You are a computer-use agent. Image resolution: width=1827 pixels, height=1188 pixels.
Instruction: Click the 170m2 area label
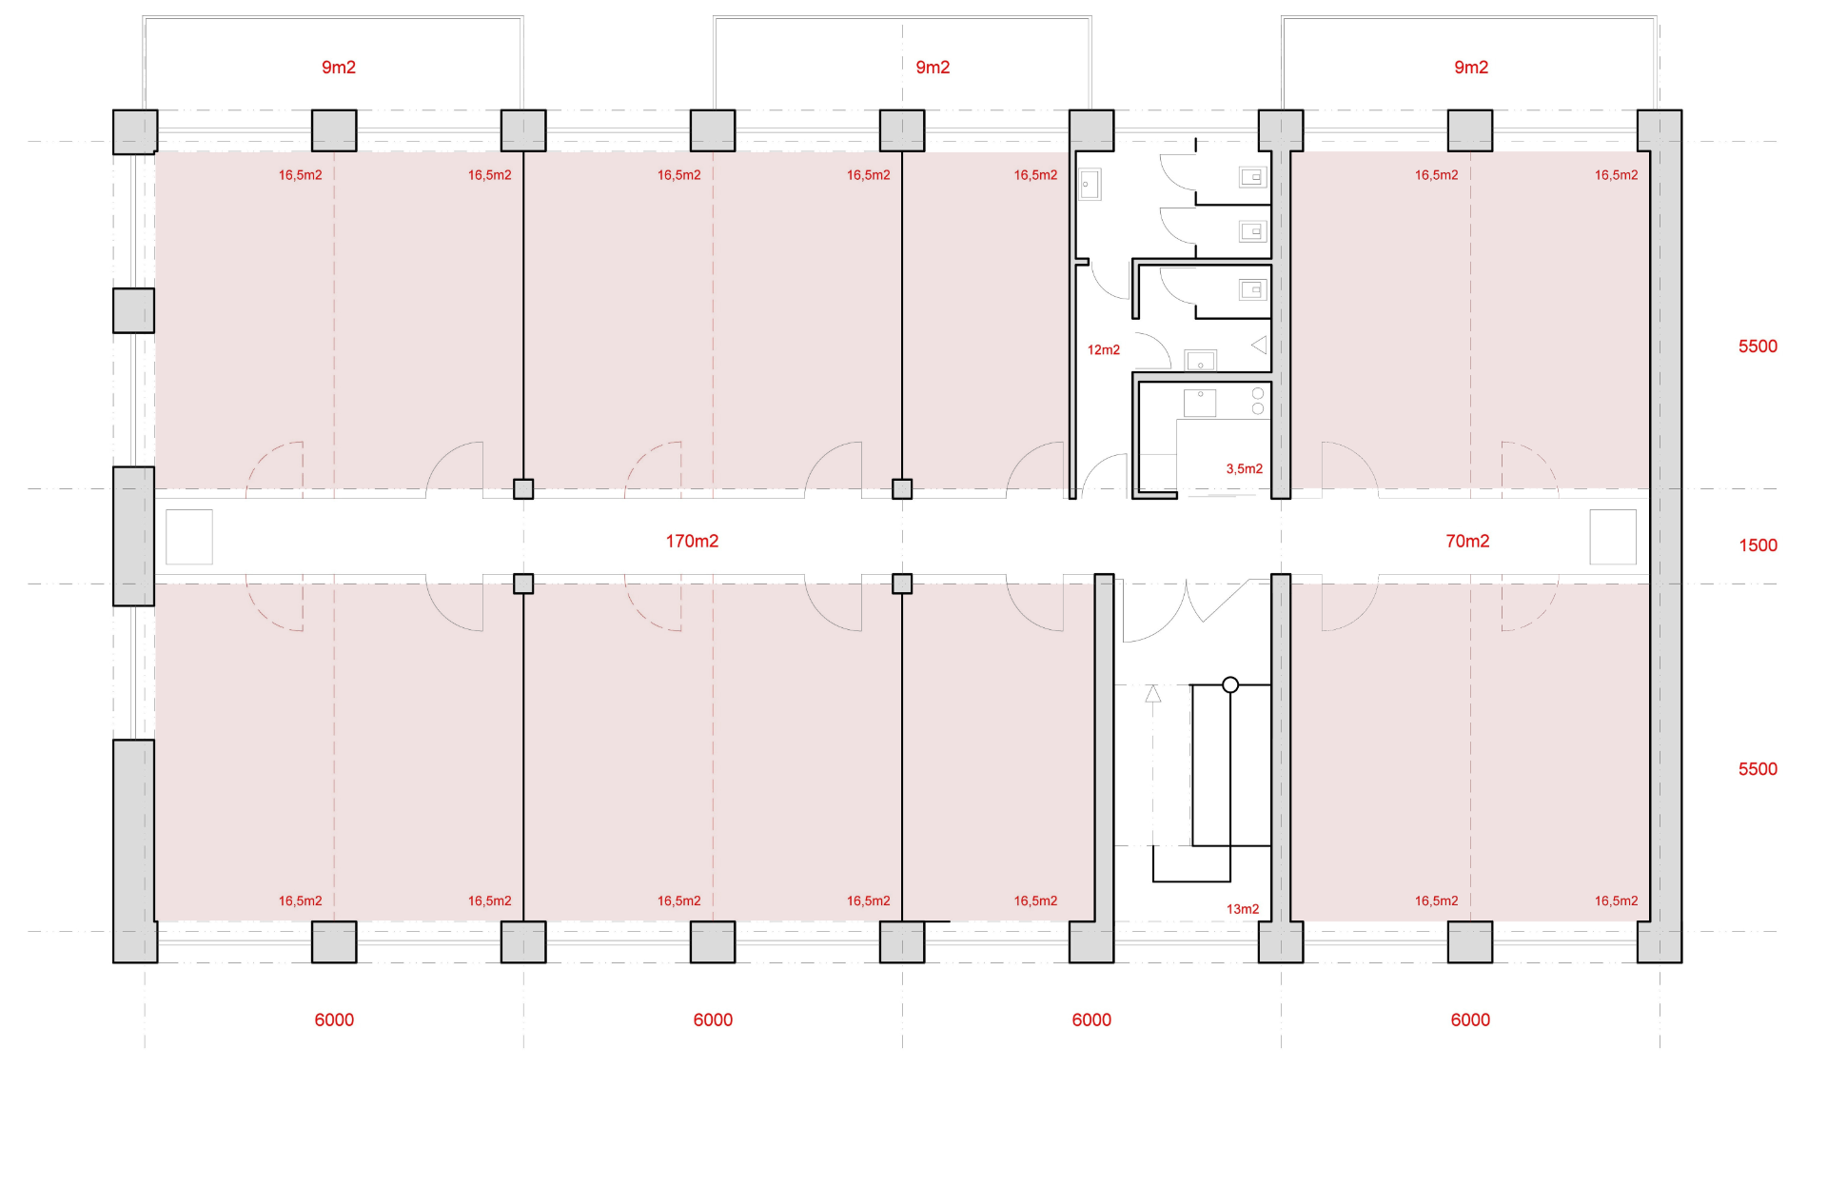click(x=692, y=541)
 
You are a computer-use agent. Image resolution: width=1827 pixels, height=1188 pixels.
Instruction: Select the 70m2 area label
click(x=1467, y=541)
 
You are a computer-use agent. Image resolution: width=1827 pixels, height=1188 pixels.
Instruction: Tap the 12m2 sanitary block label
click(x=1104, y=350)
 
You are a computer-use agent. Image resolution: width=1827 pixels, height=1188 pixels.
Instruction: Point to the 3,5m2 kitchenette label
click(x=1245, y=468)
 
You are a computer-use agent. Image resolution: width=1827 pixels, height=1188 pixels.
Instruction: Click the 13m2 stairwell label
click(x=1243, y=909)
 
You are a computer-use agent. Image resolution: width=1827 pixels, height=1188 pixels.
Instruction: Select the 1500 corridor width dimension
click(x=1758, y=545)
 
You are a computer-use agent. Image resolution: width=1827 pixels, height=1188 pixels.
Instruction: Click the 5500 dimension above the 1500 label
click(x=1758, y=346)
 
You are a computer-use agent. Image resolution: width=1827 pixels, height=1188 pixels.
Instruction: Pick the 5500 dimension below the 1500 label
click(x=1758, y=769)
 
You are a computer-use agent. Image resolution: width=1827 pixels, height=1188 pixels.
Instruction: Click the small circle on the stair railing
click(x=1230, y=684)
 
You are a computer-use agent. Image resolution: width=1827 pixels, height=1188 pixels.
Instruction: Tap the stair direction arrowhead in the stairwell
click(x=1153, y=694)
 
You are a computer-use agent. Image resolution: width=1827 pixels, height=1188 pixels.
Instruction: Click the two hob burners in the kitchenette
click(x=1258, y=401)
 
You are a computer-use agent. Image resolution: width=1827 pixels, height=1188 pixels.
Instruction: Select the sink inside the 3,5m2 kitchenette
click(x=1200, y=403)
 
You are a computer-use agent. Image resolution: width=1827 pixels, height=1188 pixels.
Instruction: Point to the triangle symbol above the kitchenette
click(x=1260, y=345)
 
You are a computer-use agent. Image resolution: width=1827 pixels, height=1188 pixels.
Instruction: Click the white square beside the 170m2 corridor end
click(x=189, y=537)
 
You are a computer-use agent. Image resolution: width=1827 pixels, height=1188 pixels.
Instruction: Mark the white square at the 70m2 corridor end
click(x=1613, y=537)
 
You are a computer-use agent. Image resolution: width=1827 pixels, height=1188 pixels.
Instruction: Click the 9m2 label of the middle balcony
click(x=933, y=68)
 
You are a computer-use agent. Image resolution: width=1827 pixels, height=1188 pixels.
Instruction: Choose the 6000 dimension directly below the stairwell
click(x=1091, y=1020)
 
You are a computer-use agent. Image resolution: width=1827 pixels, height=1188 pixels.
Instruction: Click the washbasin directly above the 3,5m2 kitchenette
click(x=1200, y=360)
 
